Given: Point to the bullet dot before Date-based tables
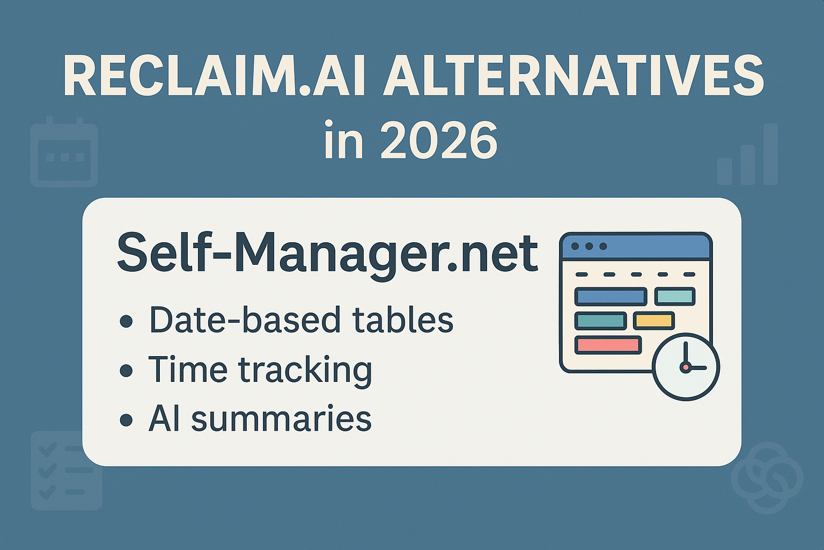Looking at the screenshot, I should pyautogui.click(x=127, y=322).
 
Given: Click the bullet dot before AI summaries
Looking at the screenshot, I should pyautogui.click(x=127, y=419).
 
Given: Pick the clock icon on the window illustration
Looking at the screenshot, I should pyautogui.click(x=686, y=367).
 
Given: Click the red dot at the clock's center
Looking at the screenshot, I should pyautogui.click(x=685, y=367).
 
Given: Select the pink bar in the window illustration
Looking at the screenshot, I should pyautogui.click(x=608, y=345).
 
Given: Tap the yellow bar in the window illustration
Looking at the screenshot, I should pyautogui.click(x=653, y=321).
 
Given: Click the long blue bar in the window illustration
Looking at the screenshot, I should pyautogui.click(x=610, y=296).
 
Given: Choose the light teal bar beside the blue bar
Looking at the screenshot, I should pyautogui.click(x=675, y=296).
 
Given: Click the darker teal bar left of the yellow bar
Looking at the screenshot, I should pyautogui.click(x=600, y=321).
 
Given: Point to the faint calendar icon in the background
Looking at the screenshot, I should pyautogui.click(x=64, y=153).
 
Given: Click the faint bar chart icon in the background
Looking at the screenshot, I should pyautogui.click(x=747, y=156).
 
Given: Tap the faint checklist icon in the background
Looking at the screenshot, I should pyautogui.click(x=66, y=471).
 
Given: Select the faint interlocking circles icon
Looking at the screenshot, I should pyautogui.click(x=767, y=477).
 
